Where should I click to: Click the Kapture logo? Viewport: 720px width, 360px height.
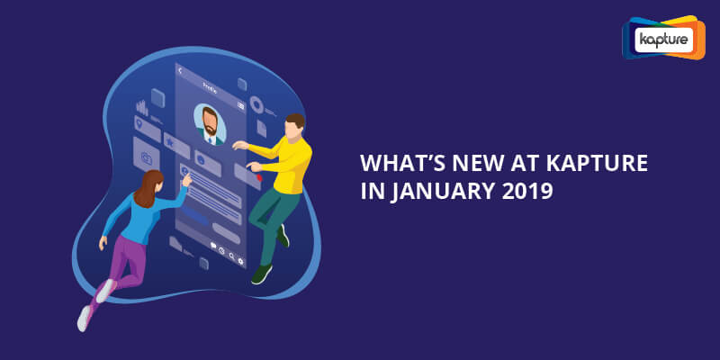[x=663, y=38]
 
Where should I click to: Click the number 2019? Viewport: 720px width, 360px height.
[x=527, y=191]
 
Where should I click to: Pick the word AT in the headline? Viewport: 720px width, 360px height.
[x=519, y=164]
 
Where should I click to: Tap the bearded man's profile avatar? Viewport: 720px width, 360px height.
[x=210, y=125]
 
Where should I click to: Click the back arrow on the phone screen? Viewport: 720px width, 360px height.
[x=180, y=70]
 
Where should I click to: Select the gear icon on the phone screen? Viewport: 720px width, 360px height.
[x=240, y=262]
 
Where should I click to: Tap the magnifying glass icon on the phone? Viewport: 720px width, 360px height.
[x=232, y=256]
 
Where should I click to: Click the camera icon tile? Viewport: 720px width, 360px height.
[x=147, y=155]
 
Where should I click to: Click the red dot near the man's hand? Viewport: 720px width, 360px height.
[x=259, y=177]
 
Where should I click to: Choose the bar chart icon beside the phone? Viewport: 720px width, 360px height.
[x=142, y=107]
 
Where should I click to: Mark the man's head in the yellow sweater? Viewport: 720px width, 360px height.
[x=294, y=126]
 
